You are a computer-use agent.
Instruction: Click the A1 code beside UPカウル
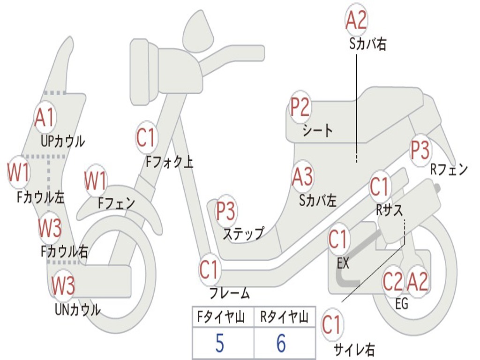point(45,119)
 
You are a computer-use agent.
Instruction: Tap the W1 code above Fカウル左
point(19,173)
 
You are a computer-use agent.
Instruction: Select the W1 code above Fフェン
point(96,181)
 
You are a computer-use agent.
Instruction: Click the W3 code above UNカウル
point(63,285)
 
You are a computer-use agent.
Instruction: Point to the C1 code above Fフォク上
point(146,137)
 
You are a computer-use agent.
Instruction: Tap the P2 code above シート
point(300,107)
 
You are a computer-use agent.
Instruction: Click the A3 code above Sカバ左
point(302,177)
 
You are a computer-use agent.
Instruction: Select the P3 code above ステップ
point(225,211)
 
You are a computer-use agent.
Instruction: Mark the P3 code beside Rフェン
point(420,150)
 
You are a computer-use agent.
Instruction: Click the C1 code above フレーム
point(209,270)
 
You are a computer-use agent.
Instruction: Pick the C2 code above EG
point(393,281)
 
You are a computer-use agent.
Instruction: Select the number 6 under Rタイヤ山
point(281,344)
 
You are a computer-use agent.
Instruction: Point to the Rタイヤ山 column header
point(284,318)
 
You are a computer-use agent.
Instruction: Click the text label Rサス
point(389,211)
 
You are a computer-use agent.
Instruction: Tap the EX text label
point(343,263)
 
